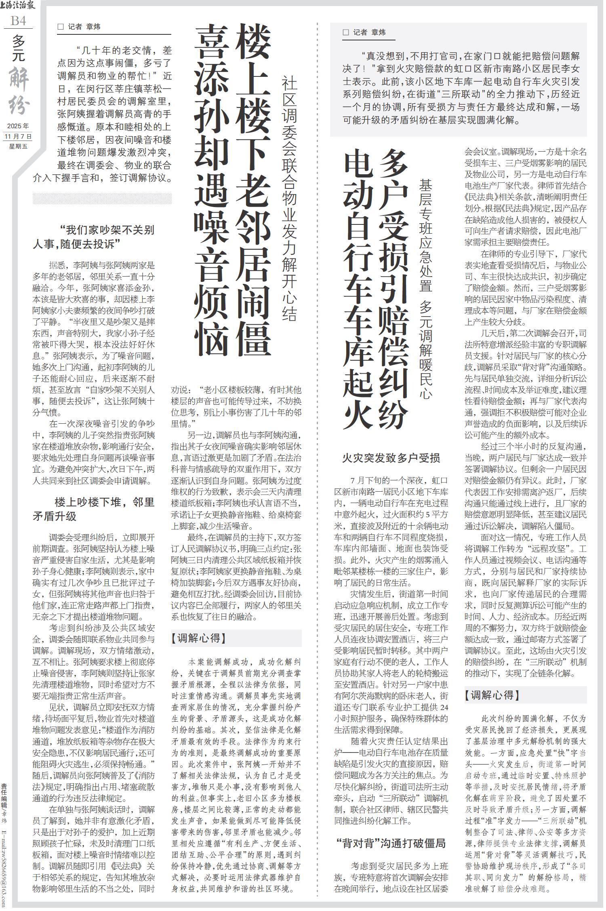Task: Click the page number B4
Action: click(18, 21)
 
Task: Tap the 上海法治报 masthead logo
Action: click(18, 6)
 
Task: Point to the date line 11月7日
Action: click(18, 136)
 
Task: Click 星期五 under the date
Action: click(18, 146)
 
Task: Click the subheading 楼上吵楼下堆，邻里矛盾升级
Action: click(94, 509)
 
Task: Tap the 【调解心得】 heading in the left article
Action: click(198, 638)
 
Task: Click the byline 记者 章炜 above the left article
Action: click(80, 27)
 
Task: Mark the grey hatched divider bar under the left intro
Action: click(102, 199)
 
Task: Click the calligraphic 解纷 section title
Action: click(19, 91)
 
